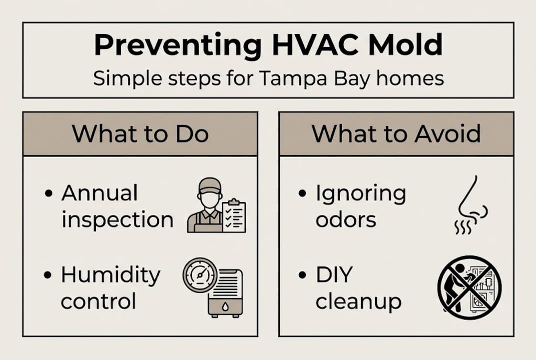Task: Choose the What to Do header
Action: (x=140, y=133)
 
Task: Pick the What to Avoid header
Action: (x=396, y=133)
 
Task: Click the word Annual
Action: (x=99, y=193)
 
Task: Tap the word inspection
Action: (x=117, y=220)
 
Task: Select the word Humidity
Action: (x=110, y=274)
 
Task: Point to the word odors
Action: (x=346, y=220)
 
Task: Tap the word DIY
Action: (x=334, y=274)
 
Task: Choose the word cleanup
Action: (x=358, y=302)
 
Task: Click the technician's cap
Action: (x=209, y=184)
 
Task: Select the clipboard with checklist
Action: (x=234, y=215)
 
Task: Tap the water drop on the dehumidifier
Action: (x=225, y=305)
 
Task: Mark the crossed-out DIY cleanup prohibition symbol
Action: (x=469, y=287)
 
